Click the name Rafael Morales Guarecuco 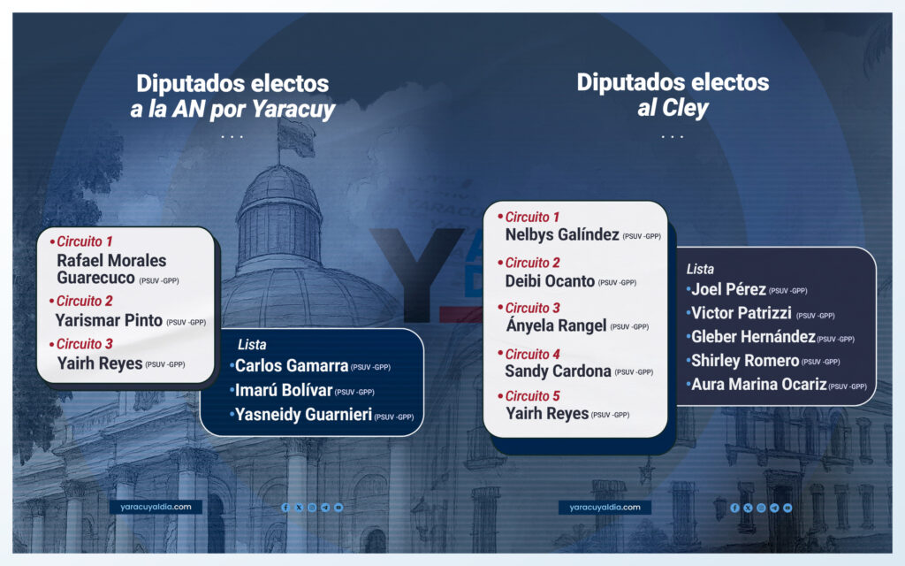(x=111, y=269)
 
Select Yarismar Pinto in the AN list (x=109, y=320)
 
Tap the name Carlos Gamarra (x=292, y=365)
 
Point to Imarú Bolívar (x=284, y=390)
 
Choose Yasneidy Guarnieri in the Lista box (x=304, y=415)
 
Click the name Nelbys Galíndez (x=562, y=234)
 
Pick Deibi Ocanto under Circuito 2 (x=550, y=281)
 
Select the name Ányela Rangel (x=557, y=325)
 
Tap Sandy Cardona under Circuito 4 (x=559, y=371)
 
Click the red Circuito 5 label (x=533, y=396)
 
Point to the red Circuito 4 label (x=533, y=354)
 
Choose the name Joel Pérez (x=728, y=289)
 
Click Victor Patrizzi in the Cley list (x=741, y=313)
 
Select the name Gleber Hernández (x=753, y=337)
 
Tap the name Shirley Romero (x=745, y=361)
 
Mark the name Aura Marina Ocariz (x=759, y=384)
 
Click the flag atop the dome (x=296, y=136)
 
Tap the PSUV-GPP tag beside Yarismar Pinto (x=186, y=322)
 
